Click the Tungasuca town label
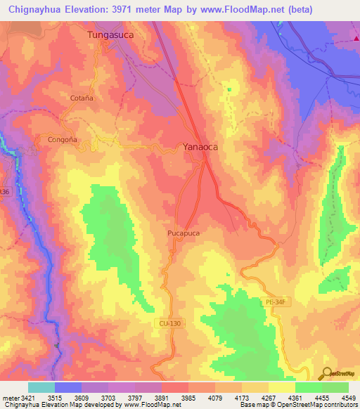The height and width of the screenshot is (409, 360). (110, 34)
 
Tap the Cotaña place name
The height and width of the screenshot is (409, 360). (82, 98)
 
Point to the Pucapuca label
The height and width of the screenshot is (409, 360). (184, 233)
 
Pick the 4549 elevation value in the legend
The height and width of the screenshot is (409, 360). (344, 397)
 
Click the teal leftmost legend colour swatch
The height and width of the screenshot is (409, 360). (41, 387)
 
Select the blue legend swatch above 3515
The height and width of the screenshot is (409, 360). (68, 387)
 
